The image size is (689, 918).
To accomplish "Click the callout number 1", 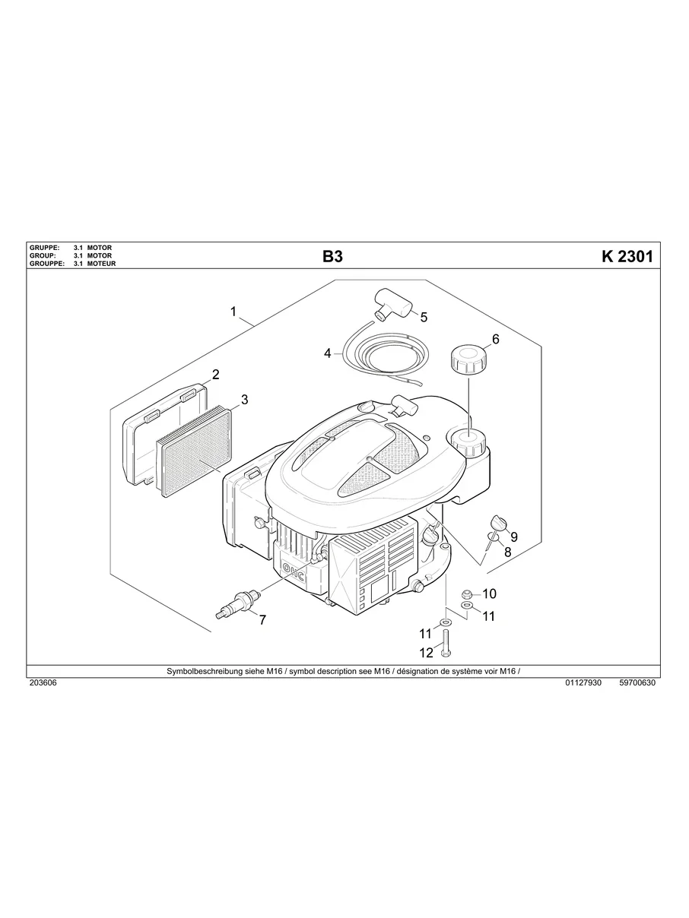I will (233, 312).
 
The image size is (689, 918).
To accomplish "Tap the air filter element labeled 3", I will (196, 452).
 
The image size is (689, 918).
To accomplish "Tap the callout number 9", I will (514, 537).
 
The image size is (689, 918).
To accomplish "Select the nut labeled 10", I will (468, 593).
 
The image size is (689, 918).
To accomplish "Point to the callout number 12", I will (426, 652).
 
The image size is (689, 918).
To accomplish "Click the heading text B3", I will (332, 257).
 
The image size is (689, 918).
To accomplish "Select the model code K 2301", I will (627, 257).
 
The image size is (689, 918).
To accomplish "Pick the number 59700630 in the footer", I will (637, 682).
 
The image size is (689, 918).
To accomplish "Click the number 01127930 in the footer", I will (583, 682).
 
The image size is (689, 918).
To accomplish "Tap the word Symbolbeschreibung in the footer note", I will (200, 671).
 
